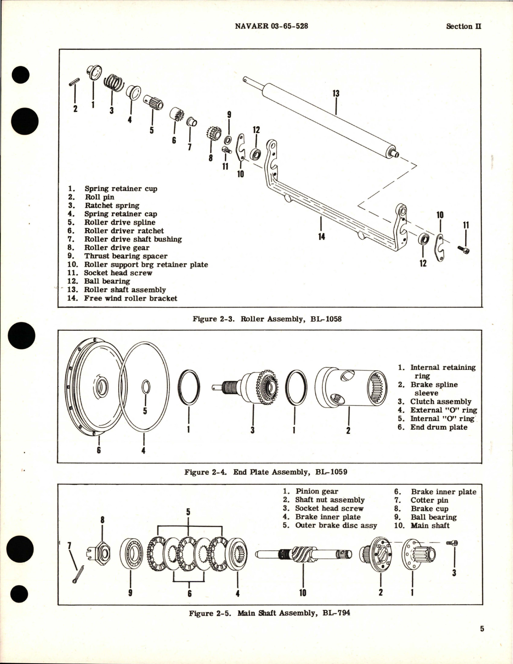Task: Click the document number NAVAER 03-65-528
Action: pyautogui.click(x=271, y=26)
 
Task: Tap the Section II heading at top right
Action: pyautogui.click(x=463, y=26)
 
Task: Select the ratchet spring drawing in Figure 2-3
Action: pyautogui.click(x=114, y=83)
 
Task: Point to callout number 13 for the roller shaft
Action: pyautogui.click(x=336, y=93)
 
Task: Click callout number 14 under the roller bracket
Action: pyautogui.click(x=321, y=236)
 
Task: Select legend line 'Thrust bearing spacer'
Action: pyautogui.click(x=125, y=256)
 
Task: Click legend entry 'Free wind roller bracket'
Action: pyautogui.click(x=130, y=298)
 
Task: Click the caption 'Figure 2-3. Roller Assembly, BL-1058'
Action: pyautogui.click(x=267, y=319)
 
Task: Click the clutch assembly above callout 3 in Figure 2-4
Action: pyautogui.click(x=259, y=386)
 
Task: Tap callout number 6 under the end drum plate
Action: pyautogui.click(x=99, y=450)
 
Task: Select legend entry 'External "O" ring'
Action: pyautogui.click(x=443, y=410)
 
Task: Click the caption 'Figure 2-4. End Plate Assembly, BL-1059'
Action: pyautogui.click(x=265, y=472)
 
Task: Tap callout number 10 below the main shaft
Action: pyautogui.click(x=303, y=593)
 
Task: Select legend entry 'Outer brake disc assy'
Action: pyautogui.click(x=335, y=526)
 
